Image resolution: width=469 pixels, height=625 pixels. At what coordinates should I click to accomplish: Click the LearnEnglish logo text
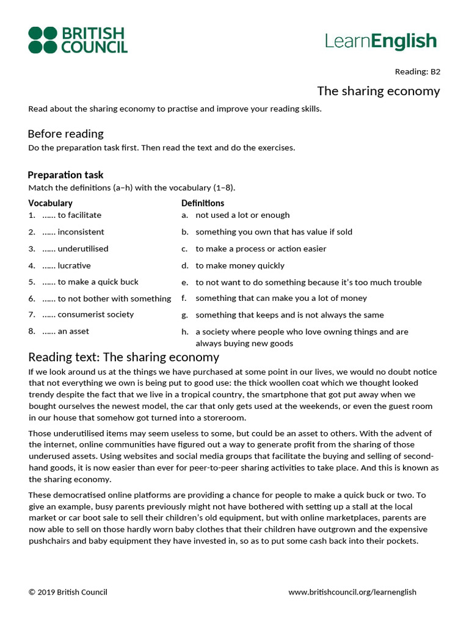[380, 42]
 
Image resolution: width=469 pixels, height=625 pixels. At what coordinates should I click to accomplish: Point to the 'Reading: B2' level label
[417, 71]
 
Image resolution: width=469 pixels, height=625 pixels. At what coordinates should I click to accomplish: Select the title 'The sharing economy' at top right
[378, 91]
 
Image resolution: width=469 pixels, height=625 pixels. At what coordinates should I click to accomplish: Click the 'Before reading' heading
[65, 134]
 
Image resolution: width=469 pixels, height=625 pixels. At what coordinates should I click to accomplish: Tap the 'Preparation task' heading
[65, 175]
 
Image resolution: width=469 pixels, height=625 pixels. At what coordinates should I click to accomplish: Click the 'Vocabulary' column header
[50, 203]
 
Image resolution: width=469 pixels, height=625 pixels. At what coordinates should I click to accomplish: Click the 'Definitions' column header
[203, 203]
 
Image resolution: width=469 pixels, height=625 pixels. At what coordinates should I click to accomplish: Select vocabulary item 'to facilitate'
[79, 215]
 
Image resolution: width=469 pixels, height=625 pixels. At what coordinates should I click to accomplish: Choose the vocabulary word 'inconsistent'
[81, 232]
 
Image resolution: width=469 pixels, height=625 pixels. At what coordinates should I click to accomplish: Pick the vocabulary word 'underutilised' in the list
[82, 248]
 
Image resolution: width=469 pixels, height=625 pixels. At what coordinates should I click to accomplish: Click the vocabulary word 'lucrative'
[74, 266]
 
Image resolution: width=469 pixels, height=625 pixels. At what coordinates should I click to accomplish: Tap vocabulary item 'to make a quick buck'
[98, 282]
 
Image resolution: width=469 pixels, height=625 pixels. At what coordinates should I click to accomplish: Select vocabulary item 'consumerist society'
[95, 314]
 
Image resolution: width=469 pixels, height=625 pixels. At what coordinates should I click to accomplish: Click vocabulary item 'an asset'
[73, 331]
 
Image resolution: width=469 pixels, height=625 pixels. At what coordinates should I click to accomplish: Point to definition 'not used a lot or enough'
[242, 215]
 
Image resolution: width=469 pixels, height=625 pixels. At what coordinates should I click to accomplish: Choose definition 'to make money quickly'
[240, 266]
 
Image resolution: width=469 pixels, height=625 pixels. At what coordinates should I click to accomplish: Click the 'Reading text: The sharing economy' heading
[123, 357]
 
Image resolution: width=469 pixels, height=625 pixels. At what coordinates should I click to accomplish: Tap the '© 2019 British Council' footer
[68, 591]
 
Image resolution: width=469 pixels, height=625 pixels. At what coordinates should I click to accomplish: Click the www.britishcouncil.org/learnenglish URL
[352, 591]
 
